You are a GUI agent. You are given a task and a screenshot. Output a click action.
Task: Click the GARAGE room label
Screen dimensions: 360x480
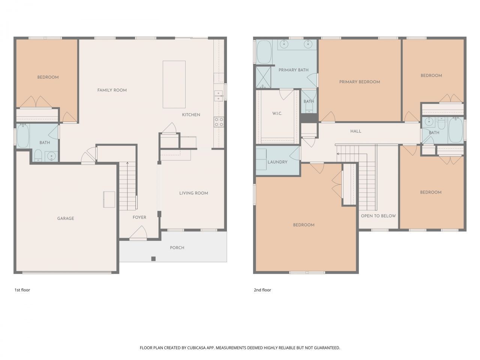click(66, 218)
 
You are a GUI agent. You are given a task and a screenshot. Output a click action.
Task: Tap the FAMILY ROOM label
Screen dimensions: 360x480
click(112, 90)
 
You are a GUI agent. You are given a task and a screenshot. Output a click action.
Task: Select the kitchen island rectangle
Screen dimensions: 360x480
click(174, 84)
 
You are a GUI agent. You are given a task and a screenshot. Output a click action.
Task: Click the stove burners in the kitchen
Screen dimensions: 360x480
click(219, 122)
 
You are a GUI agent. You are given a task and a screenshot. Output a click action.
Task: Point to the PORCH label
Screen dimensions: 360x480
click(177, 247)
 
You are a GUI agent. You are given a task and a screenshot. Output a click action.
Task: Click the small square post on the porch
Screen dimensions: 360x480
click(153, 258)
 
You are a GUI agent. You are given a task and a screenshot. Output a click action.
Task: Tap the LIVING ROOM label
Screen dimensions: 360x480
click(193, 193)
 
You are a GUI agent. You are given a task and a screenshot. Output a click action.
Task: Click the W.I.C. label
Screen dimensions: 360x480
click(277, 114)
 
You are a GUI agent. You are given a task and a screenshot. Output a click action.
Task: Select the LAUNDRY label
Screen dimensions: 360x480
click(277, 162)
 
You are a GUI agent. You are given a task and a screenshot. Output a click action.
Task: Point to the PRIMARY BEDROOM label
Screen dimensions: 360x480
click(360, 82)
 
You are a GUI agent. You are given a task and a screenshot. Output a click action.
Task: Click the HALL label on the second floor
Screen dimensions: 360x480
click(356, 131)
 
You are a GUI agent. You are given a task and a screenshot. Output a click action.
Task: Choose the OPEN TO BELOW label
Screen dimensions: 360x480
click(378, 216)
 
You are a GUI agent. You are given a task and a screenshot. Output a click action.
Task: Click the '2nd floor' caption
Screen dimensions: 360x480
click(262, 290)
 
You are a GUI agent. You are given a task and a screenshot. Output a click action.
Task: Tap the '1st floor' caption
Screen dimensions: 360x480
click(22, 290)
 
